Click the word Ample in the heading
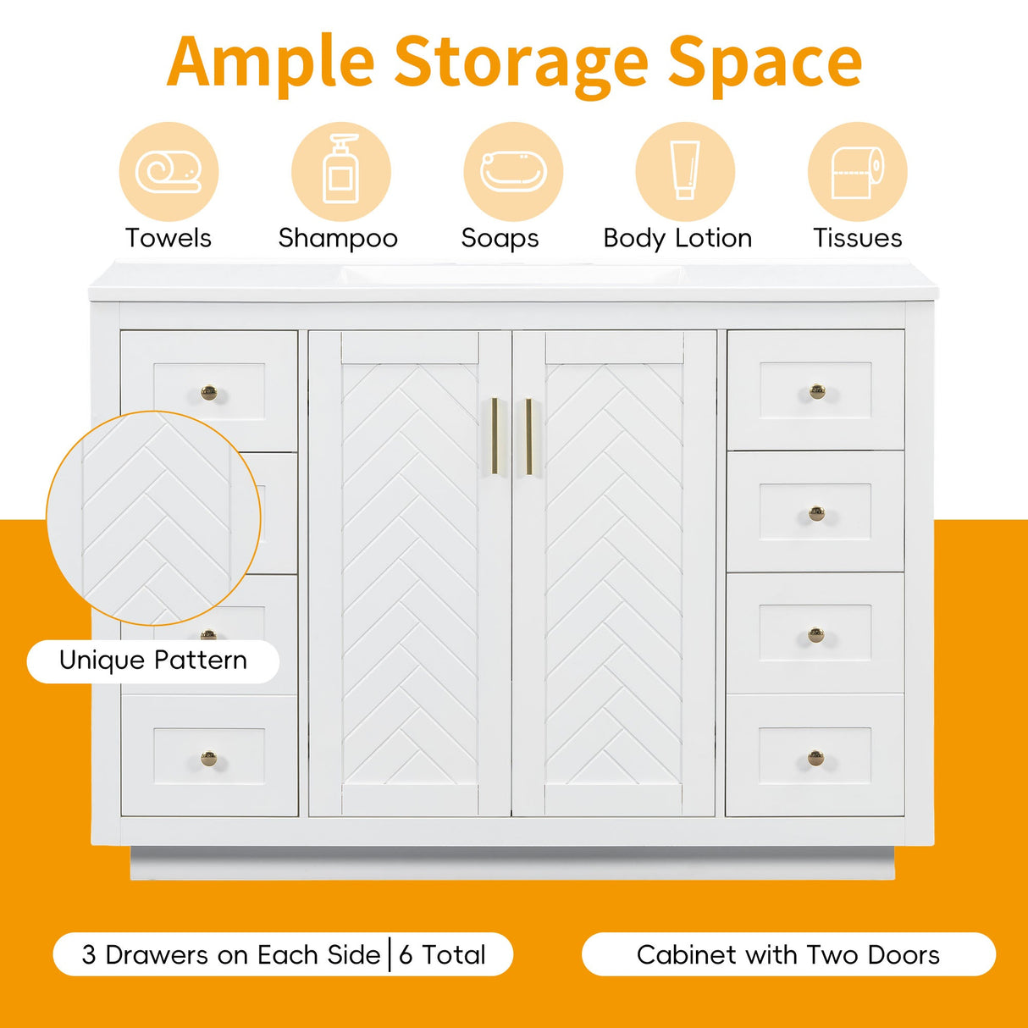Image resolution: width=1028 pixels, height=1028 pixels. (x=270, y=63)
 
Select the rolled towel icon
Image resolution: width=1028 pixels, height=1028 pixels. (x=168, y=171)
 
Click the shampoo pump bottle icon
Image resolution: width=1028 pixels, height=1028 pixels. (x=341, y=168)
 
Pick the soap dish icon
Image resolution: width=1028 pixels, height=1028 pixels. (x=513, y=171)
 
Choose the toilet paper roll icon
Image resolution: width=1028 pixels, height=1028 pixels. (x=857, y=172)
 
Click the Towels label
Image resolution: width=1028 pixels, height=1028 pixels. (x=168, y=238)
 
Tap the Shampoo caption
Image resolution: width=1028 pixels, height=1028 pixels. (x=338, y=239)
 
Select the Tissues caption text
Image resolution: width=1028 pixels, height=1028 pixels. (x=857, y=238)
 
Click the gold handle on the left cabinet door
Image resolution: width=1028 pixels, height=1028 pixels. (x=495, y=436)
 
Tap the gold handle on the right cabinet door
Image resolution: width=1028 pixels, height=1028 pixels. (x=528, y=436)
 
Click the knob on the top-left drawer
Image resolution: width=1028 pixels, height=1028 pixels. (x=208, y=393)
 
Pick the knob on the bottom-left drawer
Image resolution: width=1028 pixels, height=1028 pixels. (x=208, y=758)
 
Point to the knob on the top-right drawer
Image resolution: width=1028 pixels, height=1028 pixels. (x=817, y=392)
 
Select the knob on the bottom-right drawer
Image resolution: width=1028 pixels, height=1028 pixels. (x=815, y=757)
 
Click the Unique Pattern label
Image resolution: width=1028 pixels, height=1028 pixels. (x=153, y=660)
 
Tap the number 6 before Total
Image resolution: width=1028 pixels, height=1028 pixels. (x=406, y=955)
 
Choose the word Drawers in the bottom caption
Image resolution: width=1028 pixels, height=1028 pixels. (x=158, y=955)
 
